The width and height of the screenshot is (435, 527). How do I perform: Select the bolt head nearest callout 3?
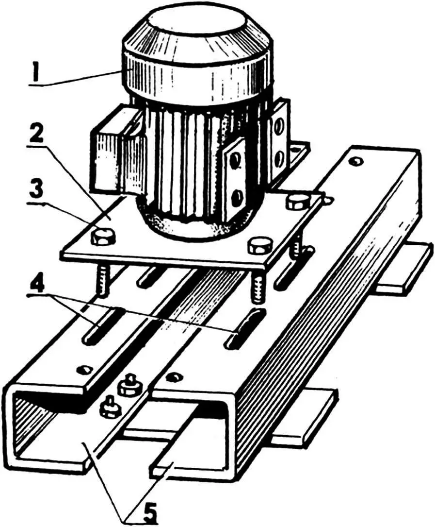(103, 237)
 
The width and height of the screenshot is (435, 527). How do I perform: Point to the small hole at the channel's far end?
(357, 160)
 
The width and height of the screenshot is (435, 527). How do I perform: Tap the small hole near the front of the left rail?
(86, 370)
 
